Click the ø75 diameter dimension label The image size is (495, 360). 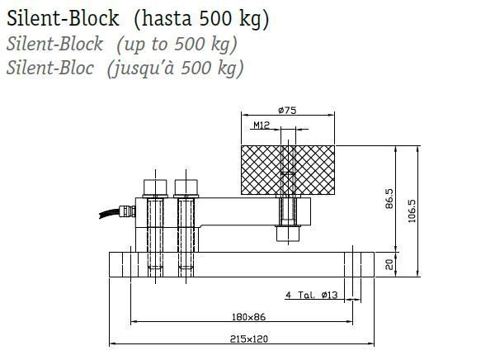pos(287,111)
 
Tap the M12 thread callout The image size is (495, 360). pos(262,126)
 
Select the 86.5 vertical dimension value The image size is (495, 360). pos(389,199)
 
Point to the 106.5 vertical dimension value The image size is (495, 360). pos(412,211)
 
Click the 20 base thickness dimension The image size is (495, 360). pos(389,264)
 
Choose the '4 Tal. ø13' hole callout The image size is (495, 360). pos(312,296)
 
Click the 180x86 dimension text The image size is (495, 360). pos(249,317)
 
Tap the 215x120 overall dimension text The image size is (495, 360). pos(249,339)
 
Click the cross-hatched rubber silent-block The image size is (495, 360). pos(288,170)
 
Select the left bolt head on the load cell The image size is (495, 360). pos(155,187)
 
